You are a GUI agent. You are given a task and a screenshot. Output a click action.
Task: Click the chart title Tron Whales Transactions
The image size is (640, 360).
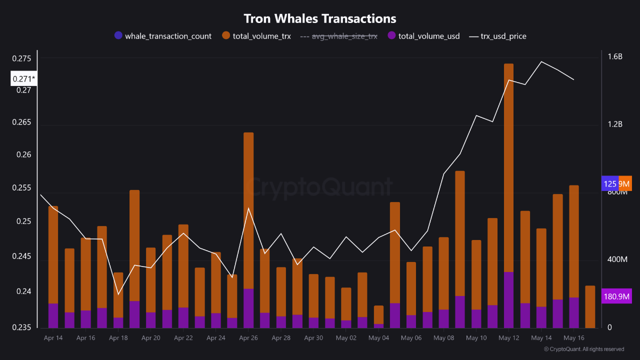(x=320, y=18)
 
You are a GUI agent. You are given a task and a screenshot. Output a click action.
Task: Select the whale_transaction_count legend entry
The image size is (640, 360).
(x=163, y=36)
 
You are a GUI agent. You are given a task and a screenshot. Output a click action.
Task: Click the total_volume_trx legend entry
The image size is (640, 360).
(x=256, y=36)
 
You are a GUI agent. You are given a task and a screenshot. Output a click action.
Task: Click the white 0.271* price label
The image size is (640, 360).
(x=23, y=78)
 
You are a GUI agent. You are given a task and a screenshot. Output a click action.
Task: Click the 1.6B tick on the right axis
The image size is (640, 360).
(x=615, y=56)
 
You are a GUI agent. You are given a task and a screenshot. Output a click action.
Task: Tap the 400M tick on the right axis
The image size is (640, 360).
(x=616, y=259)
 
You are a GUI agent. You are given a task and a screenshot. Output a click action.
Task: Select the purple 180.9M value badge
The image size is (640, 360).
(x=617, y=296)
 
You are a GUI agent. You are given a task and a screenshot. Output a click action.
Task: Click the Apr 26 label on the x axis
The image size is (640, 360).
(x=248, y=338)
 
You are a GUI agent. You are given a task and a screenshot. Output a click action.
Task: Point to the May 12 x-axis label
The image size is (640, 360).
(x=508, y=338)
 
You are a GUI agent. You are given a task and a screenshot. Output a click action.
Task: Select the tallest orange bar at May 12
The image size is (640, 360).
(x=508, y=165)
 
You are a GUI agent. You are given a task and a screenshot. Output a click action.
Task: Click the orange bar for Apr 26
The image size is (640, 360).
(x=248, y=210)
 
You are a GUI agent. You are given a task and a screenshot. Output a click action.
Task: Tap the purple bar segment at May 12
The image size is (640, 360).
(x=508, y=300)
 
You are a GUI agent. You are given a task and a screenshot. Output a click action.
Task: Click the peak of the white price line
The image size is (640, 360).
(x=541, y=61)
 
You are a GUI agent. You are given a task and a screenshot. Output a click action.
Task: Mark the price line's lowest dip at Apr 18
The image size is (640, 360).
(x=118, y=294)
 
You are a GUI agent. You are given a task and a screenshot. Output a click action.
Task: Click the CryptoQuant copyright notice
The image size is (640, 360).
(x=584, y=349)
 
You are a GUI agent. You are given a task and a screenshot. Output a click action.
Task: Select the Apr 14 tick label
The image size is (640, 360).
(x=53, y=338)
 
